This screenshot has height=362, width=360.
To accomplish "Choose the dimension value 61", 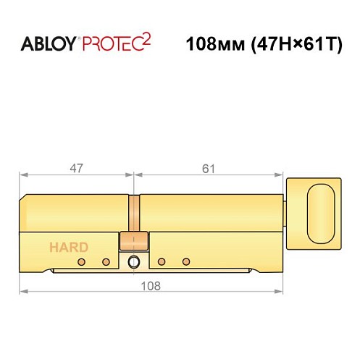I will [209, 168].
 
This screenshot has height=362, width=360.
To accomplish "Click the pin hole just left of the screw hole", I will [106, 261].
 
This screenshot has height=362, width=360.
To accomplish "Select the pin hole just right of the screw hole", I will [162, 261].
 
